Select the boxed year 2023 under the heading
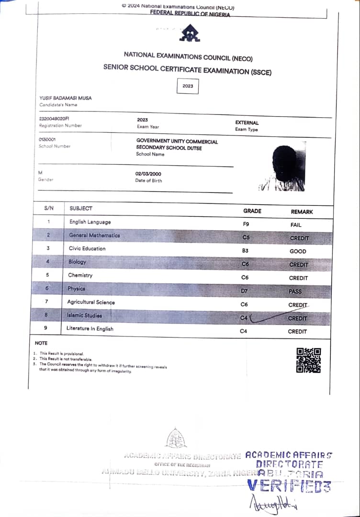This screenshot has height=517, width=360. tap(188, 86)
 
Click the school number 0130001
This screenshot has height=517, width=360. tap(47, 139)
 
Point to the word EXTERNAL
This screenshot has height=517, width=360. tap(247, 123)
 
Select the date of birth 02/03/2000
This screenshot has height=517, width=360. tap(149, 174)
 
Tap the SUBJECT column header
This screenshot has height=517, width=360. tap(81, 209)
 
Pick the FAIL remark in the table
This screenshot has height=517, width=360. tap(296, 225)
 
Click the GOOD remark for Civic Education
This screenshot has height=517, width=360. tap(298, 251)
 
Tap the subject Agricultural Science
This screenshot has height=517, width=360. tap(91, 302)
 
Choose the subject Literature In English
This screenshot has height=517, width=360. tap(90, 329)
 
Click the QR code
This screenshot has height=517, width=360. tap(309, 360)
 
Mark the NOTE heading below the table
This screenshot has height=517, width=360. tap(41, 343)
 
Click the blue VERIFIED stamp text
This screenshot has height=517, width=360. tap(289, 486)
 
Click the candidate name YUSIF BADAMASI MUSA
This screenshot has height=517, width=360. tap(65, 98)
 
